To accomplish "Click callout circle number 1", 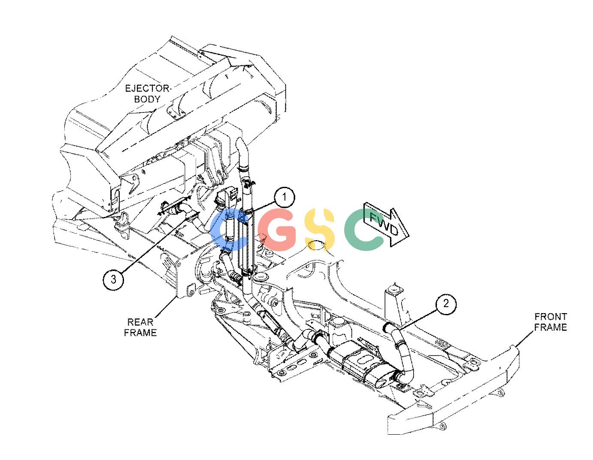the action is pos(284,197).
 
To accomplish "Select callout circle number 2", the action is pos(446,304).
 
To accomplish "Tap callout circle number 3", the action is pos(113,279).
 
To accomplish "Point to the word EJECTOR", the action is pos(147,88).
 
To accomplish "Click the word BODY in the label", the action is pos(147,99).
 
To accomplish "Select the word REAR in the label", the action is pos(140,322).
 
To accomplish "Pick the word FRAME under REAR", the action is pos(140,333).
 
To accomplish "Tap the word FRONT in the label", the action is pos(551,317).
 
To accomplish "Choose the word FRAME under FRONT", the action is pos(551,327).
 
